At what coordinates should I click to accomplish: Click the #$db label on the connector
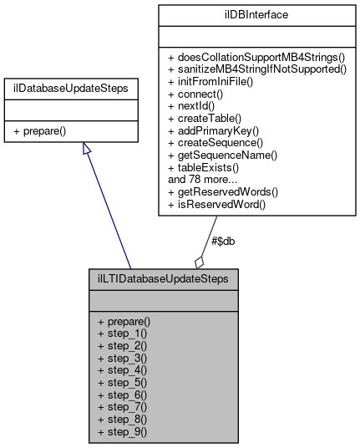point(222,241)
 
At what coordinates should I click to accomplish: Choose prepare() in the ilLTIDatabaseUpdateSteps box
point(129,321)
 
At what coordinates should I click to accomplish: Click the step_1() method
point(126,333)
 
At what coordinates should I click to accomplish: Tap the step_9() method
point(126,432)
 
